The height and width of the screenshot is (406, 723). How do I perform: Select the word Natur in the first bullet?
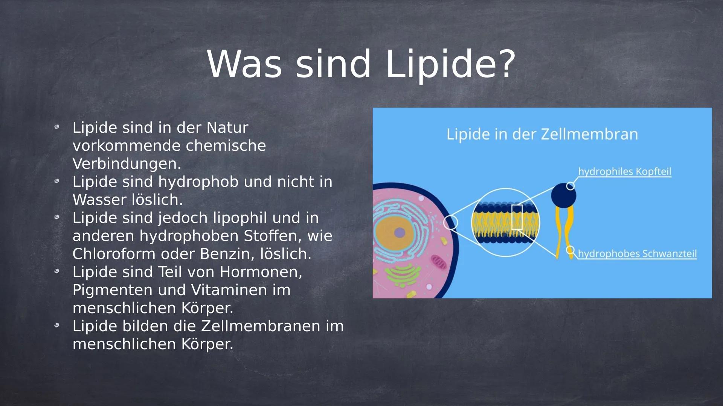[227, 127]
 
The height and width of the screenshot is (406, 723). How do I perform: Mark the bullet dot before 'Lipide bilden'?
[57, 325]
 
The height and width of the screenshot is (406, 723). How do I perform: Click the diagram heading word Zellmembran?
[589, 134]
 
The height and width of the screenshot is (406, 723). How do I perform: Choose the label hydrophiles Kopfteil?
[625, 171]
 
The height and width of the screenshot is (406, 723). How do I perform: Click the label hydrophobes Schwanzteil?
[637, 254]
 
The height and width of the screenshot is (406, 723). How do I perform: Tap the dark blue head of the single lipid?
[563, 195]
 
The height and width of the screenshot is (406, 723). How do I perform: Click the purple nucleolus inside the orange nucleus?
[400, 233]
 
